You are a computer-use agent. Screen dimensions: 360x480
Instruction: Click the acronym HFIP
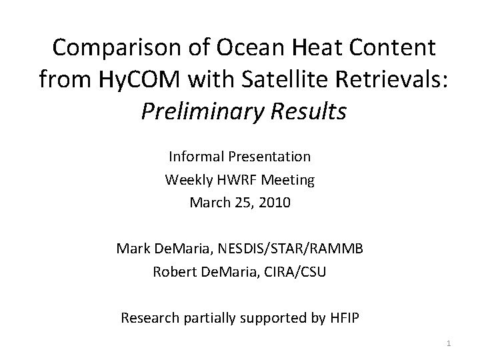(343, 317)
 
